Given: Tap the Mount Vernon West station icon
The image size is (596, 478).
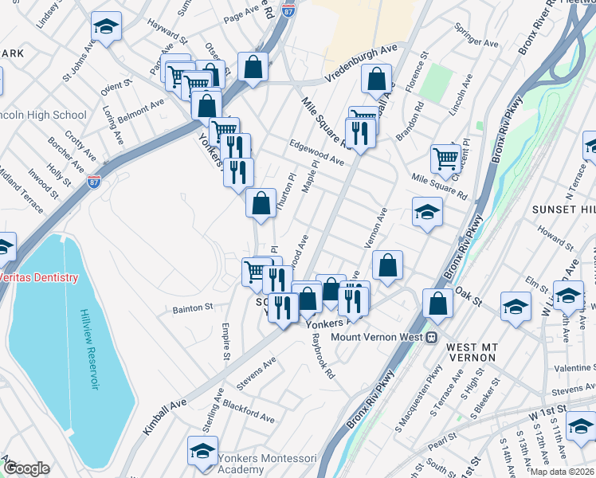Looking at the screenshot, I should pos(431,336).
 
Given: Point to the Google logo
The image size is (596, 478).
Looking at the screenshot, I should pos(26,468).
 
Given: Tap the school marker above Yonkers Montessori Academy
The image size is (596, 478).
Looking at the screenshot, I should pos(203,450).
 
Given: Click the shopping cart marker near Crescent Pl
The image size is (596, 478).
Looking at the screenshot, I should pos(445,158).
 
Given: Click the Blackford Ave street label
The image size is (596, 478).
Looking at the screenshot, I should pos(249,411).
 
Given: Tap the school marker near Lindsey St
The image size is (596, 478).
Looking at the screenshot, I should pos(106,27).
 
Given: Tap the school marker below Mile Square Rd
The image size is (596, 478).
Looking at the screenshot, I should pos(427,213).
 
